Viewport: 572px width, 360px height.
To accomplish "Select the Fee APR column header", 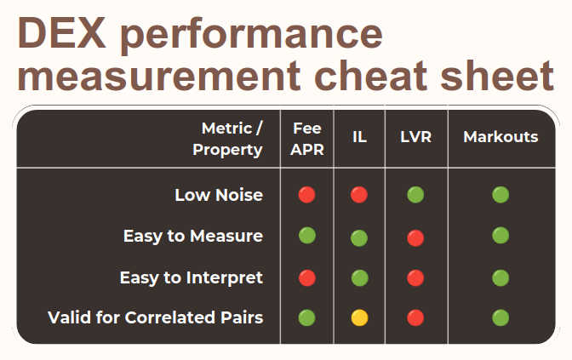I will tap(307, 139).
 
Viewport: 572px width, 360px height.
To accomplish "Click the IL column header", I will tap(359, 137).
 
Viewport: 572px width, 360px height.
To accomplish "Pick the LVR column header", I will tap(415, 137).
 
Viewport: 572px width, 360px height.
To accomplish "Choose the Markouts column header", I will tap(500, 137).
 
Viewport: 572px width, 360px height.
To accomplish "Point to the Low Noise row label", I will tap(218, 195).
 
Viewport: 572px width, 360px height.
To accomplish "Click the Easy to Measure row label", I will tap(192, 236).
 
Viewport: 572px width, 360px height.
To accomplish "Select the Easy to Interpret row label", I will tap(191, 277).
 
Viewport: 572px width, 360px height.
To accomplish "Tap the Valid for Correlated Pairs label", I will tap(155, 317).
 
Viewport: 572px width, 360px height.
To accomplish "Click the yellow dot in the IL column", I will tap(359, 318).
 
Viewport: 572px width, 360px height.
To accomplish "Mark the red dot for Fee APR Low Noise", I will tap(307, 195).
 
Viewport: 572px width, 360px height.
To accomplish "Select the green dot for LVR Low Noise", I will tap(415, 195).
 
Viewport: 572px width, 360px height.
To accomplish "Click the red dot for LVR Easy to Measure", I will tap(415, 237).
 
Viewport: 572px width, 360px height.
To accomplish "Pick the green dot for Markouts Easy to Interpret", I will tap(500, 277).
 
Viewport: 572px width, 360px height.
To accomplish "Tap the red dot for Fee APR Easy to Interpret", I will tap(307, 277).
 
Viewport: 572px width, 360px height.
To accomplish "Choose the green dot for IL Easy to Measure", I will tap(359, 237).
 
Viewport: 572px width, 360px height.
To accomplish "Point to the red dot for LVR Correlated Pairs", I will tap(415, 318).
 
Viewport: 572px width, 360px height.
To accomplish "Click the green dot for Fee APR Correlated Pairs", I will tap(307, 318).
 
